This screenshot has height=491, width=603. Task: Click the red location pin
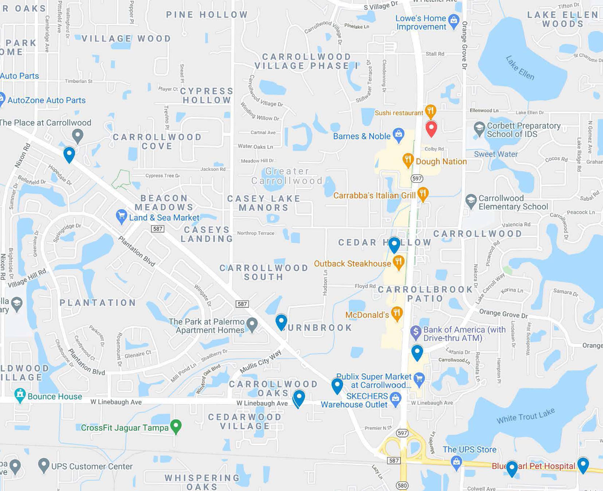tap(431, 128)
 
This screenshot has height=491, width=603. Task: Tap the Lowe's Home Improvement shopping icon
tap(454, 21)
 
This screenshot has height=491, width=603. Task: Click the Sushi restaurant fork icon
tap(430, 111)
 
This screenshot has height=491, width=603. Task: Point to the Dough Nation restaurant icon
tap(408, 160)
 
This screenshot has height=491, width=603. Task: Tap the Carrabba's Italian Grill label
tap(374, 195)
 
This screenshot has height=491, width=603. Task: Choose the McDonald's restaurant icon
tap(397, 313)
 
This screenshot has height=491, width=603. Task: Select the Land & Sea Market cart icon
tap(121, 216)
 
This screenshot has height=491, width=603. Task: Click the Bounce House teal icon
tap(20, 395)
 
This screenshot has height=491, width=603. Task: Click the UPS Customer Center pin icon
tap(43, 465)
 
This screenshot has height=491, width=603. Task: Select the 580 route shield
tap(402, 486)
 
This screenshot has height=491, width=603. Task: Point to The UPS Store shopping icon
tap(456, 462)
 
